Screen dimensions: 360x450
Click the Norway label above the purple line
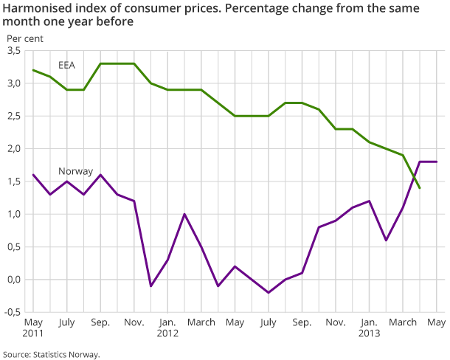75,171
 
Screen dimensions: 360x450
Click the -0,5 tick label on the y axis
11,313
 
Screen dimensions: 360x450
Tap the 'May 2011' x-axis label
33,328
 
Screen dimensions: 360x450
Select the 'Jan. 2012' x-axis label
167,328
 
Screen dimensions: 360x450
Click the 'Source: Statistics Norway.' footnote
51,354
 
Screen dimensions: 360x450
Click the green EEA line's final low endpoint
420,188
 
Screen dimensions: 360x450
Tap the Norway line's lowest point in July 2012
269,293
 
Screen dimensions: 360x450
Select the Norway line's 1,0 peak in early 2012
184,214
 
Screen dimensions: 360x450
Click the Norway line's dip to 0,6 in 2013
386,240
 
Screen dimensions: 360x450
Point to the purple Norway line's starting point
33,175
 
